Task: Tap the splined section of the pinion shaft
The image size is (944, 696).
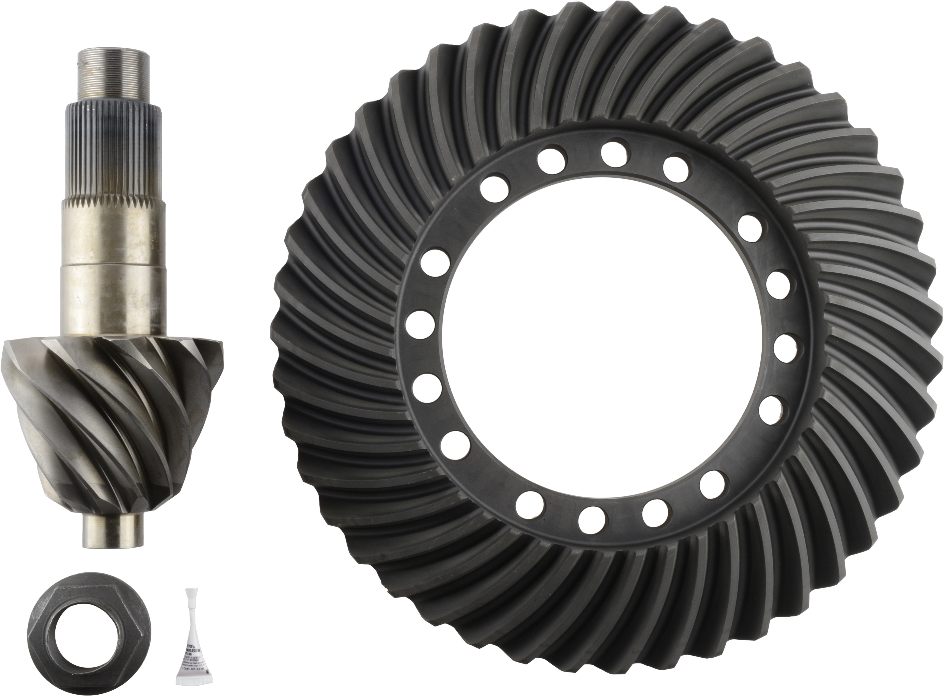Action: [x=113, y=152]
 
